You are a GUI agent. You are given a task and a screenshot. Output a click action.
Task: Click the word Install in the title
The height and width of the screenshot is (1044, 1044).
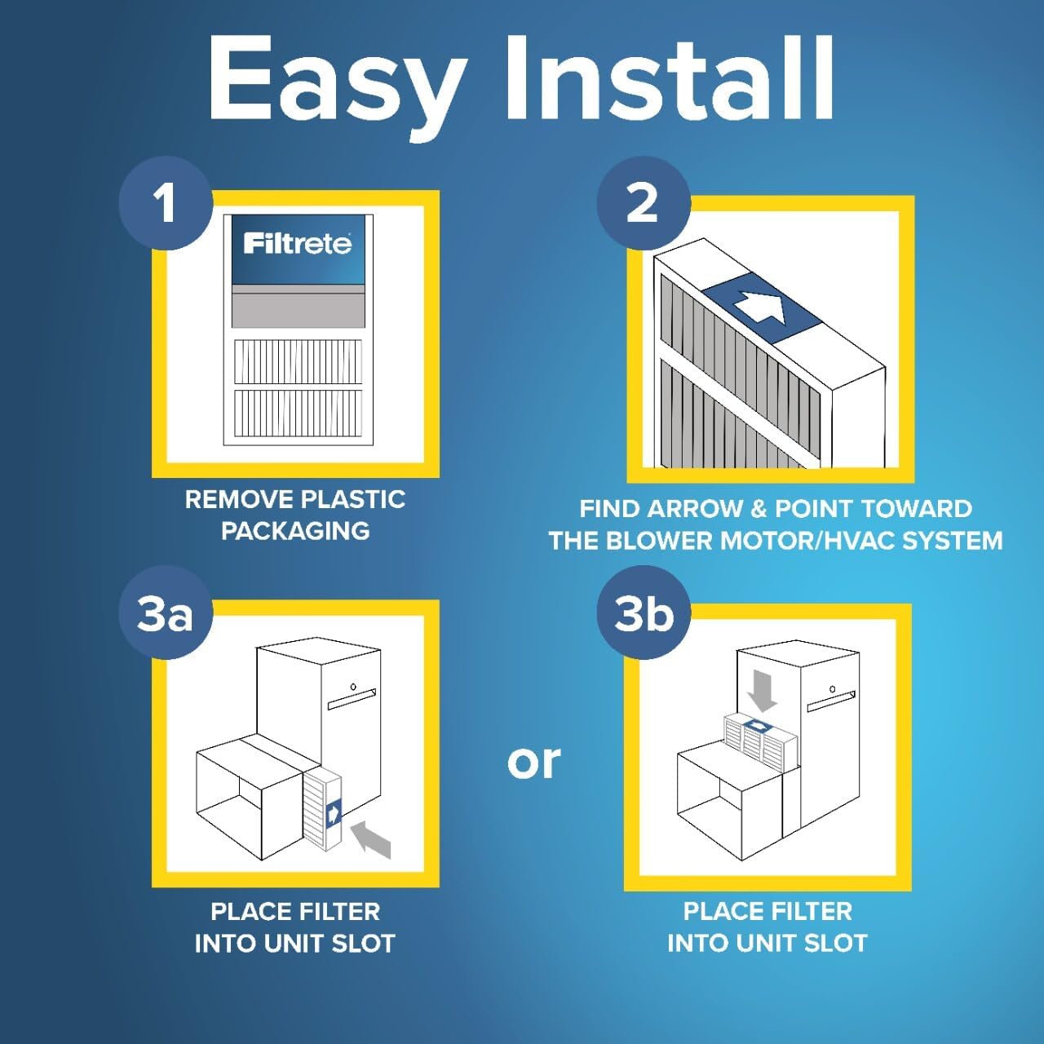669,78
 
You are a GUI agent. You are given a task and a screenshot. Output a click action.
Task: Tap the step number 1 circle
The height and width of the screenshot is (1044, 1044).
166,203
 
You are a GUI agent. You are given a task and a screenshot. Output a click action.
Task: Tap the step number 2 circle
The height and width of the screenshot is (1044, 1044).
643,203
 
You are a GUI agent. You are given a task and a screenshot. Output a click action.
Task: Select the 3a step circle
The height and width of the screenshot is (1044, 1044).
166,614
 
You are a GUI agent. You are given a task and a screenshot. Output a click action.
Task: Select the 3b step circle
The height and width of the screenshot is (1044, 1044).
644,613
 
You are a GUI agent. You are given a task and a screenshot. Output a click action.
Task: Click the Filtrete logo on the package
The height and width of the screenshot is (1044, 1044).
298,243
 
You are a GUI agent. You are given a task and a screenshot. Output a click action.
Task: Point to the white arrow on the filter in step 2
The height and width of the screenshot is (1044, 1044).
759,307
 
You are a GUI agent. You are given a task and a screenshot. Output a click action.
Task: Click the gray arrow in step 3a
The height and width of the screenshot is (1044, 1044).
372,839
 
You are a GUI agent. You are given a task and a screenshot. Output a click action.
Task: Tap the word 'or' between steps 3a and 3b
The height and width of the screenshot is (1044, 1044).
533,762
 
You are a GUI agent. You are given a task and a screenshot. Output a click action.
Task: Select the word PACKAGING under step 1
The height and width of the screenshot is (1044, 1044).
295,531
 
